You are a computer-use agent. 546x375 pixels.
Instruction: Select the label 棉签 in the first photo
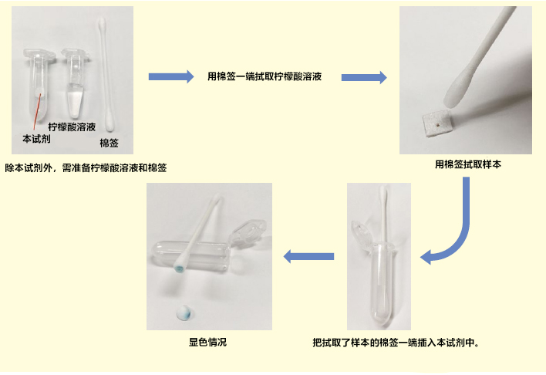[108, 143]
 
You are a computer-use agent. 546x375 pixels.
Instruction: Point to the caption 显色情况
[208, 342]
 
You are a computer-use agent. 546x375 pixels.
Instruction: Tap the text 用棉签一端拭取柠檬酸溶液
[265, 76]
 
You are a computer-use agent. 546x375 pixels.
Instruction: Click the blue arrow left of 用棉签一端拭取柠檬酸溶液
[170, 76]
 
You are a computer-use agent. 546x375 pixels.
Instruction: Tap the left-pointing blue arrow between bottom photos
[309, 256]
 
